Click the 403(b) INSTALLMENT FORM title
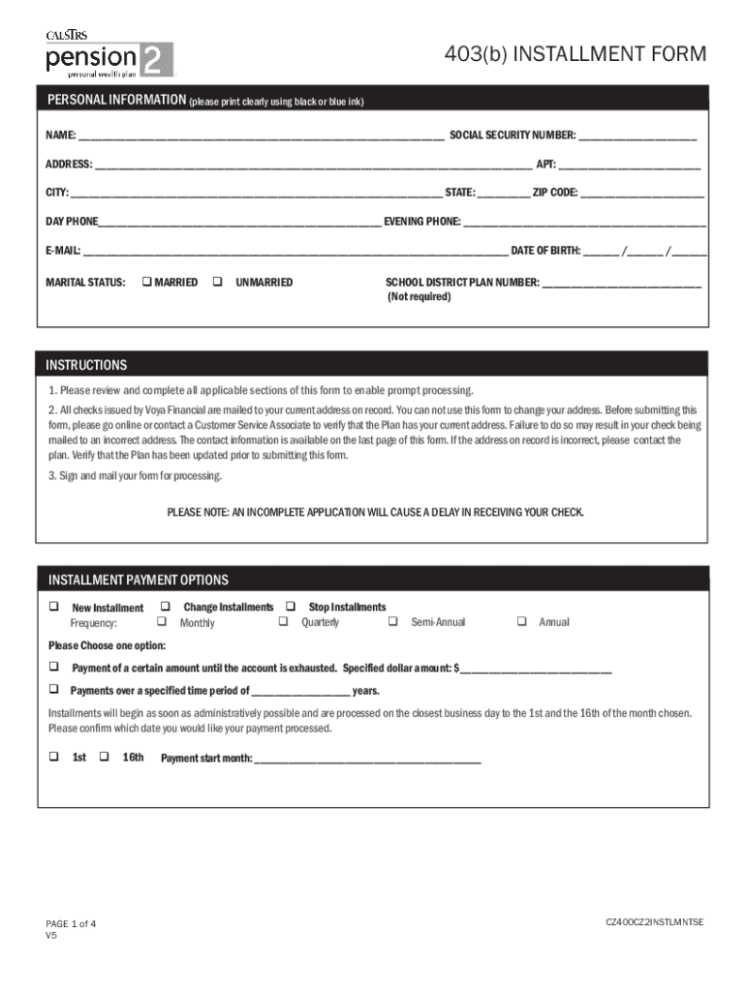point(575,54)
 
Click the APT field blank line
point(629,165)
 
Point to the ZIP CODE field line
point(641,194)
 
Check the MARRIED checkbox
point(146,283)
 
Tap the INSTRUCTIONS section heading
point(86,366)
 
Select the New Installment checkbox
point(54,607)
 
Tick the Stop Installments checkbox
point(290,607)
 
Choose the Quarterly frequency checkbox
point(284,621)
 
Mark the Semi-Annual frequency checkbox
point(393,621)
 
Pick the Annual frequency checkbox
point(521,621)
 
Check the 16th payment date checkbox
point(107,757)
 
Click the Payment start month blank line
point(367,760)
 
